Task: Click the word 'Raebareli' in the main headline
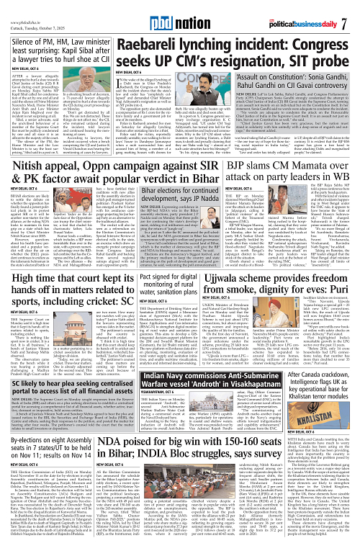141,32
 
